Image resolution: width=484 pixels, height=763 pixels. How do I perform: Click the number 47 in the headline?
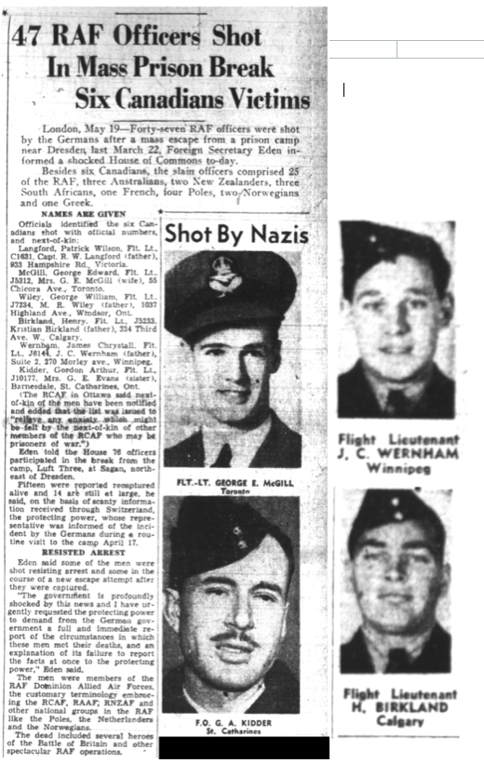[x=29, y=38]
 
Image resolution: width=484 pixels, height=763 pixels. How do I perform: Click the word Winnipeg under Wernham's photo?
[x=398, y=468]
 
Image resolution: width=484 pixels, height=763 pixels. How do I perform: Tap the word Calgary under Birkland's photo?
[x=398, y=720]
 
